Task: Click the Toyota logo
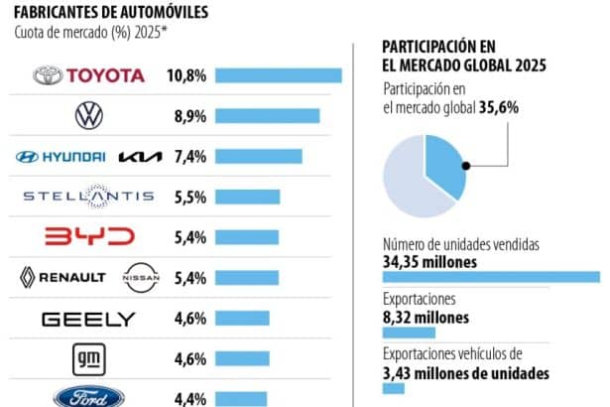89,75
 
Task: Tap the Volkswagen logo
89,116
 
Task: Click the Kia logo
139,157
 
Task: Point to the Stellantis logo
89,198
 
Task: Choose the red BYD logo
89,237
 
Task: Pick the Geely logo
89,319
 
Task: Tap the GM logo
89,357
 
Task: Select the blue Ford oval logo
89,396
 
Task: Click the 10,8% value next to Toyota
187,75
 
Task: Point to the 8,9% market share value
189,116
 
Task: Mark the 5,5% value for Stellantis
189,198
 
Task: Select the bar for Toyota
278,75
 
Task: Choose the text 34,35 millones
429,262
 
